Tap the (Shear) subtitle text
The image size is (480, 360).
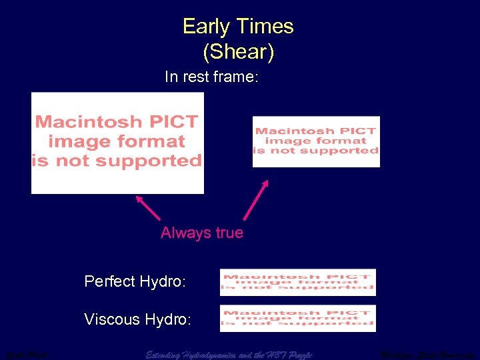tap(238, 51)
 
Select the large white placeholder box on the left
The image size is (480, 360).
tap(117, 143)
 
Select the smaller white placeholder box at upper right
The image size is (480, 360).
tap(315, 141)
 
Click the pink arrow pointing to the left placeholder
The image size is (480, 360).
tap(147, 207)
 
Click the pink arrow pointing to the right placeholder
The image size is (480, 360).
tap(256, 199)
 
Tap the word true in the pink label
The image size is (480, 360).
tap(229, 233)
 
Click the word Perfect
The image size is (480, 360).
tap(110, 282)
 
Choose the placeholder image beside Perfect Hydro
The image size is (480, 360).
tap(297, 282)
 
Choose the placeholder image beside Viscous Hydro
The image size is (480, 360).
tap(297, 318)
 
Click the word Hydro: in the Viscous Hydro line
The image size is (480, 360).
tap(167, 319)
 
